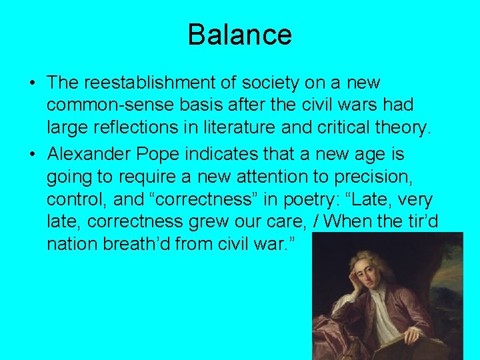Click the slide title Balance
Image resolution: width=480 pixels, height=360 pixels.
tap(239, 35)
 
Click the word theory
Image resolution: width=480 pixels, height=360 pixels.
tap(402, 127)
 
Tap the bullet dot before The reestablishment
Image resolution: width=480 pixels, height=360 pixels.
tap(32, 84)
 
